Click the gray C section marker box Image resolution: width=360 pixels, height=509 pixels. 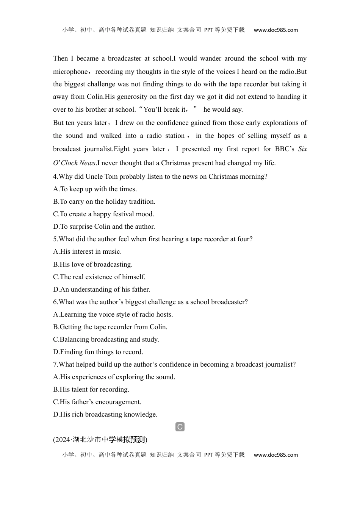pyautogui.click(x=180, y=427)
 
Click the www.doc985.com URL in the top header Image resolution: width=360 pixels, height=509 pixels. pyautogui.click(x=275, y=30)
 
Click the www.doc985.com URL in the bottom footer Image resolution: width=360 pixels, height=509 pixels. pyautogui.click(x=275, y=455)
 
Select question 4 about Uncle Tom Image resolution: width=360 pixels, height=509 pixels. pyautogui.click(x=160, y=176)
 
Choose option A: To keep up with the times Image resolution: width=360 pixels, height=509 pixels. pyautogui.click(x=95, y=189)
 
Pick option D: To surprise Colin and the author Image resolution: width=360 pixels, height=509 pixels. pyautogui.click(x=104, y=226)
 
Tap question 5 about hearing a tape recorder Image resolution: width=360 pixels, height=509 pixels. pyautogui.click(x=153, y=239)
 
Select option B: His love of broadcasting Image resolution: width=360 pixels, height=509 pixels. pyautogui.click(x=93, y=264)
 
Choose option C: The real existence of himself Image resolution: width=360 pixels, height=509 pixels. pyautogui.click(x=99, y=277)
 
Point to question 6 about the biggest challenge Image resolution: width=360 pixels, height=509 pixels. pyautogui.click(x=150, y=302)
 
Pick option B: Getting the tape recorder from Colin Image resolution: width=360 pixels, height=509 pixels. pyautogui.click(x=110, y=327)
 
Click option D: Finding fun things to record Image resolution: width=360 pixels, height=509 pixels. pyautogui.click(x=98, y=352)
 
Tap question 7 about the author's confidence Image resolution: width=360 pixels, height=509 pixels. pyautogui.click(x=174, y=364)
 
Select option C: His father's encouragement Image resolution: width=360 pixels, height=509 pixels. pyautogui.click(x=97, y=402)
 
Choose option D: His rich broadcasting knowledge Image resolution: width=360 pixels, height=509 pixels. pyautogui.click(x=105, y=414)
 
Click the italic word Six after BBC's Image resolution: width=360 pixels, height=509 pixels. pyautogui.click(x=302, y=149)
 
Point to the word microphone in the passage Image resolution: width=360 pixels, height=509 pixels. pyautogui.click(x=70, y=72)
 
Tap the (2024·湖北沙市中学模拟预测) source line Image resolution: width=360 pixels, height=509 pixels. pyautogui.click(x=100, y=439)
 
